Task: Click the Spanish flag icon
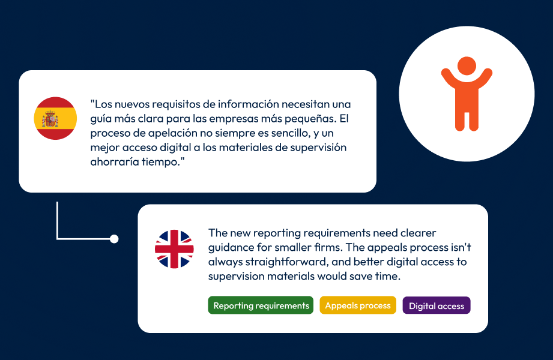coord(55,118)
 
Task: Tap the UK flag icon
coord(174,249)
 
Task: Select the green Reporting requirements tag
coord(261,305)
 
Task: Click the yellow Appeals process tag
coord(358,305)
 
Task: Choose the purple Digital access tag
coord(437,306)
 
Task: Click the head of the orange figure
coord(467,66)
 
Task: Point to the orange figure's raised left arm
coord(449,78)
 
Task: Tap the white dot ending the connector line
coord(114,239)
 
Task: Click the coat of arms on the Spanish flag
coord(50,119)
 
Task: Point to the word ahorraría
coord(115,162)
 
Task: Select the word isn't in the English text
coord(461,247)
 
